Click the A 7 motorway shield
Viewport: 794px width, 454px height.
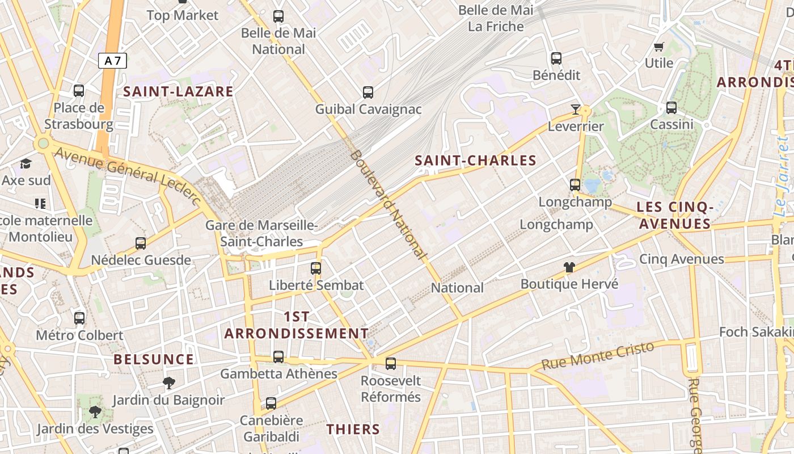[x=112, y=61]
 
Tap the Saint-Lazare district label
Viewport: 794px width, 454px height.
[x=178, y=91]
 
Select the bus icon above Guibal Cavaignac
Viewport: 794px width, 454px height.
[x=368, y=92]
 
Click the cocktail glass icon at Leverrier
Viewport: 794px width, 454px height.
[x=576, y=109]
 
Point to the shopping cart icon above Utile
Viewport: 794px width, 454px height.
[x=658, y=47]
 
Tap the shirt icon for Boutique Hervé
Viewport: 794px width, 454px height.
[x=569, y=267]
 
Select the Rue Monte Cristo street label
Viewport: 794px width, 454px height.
[x=598, y=355]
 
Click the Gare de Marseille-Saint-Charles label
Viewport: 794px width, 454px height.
[x=261, y=233]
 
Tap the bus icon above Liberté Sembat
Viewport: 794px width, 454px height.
[x=316, y=268]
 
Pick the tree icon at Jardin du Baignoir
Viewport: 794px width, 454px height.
[x=168, y=382]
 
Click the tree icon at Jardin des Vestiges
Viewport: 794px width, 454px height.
[x=95, y=411]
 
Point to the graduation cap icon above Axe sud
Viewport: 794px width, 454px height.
[x=26, y=164]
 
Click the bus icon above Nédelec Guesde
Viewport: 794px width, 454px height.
[x=141, y=243]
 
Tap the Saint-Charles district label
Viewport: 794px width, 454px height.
[x=475, y=161]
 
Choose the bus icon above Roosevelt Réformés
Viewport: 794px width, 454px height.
[x=391, y=364]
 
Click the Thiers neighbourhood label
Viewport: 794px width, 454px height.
[x=353, y=429]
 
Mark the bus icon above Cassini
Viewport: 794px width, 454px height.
[x=671, y=107]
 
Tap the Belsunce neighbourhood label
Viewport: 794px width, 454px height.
[x=154, y=359]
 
